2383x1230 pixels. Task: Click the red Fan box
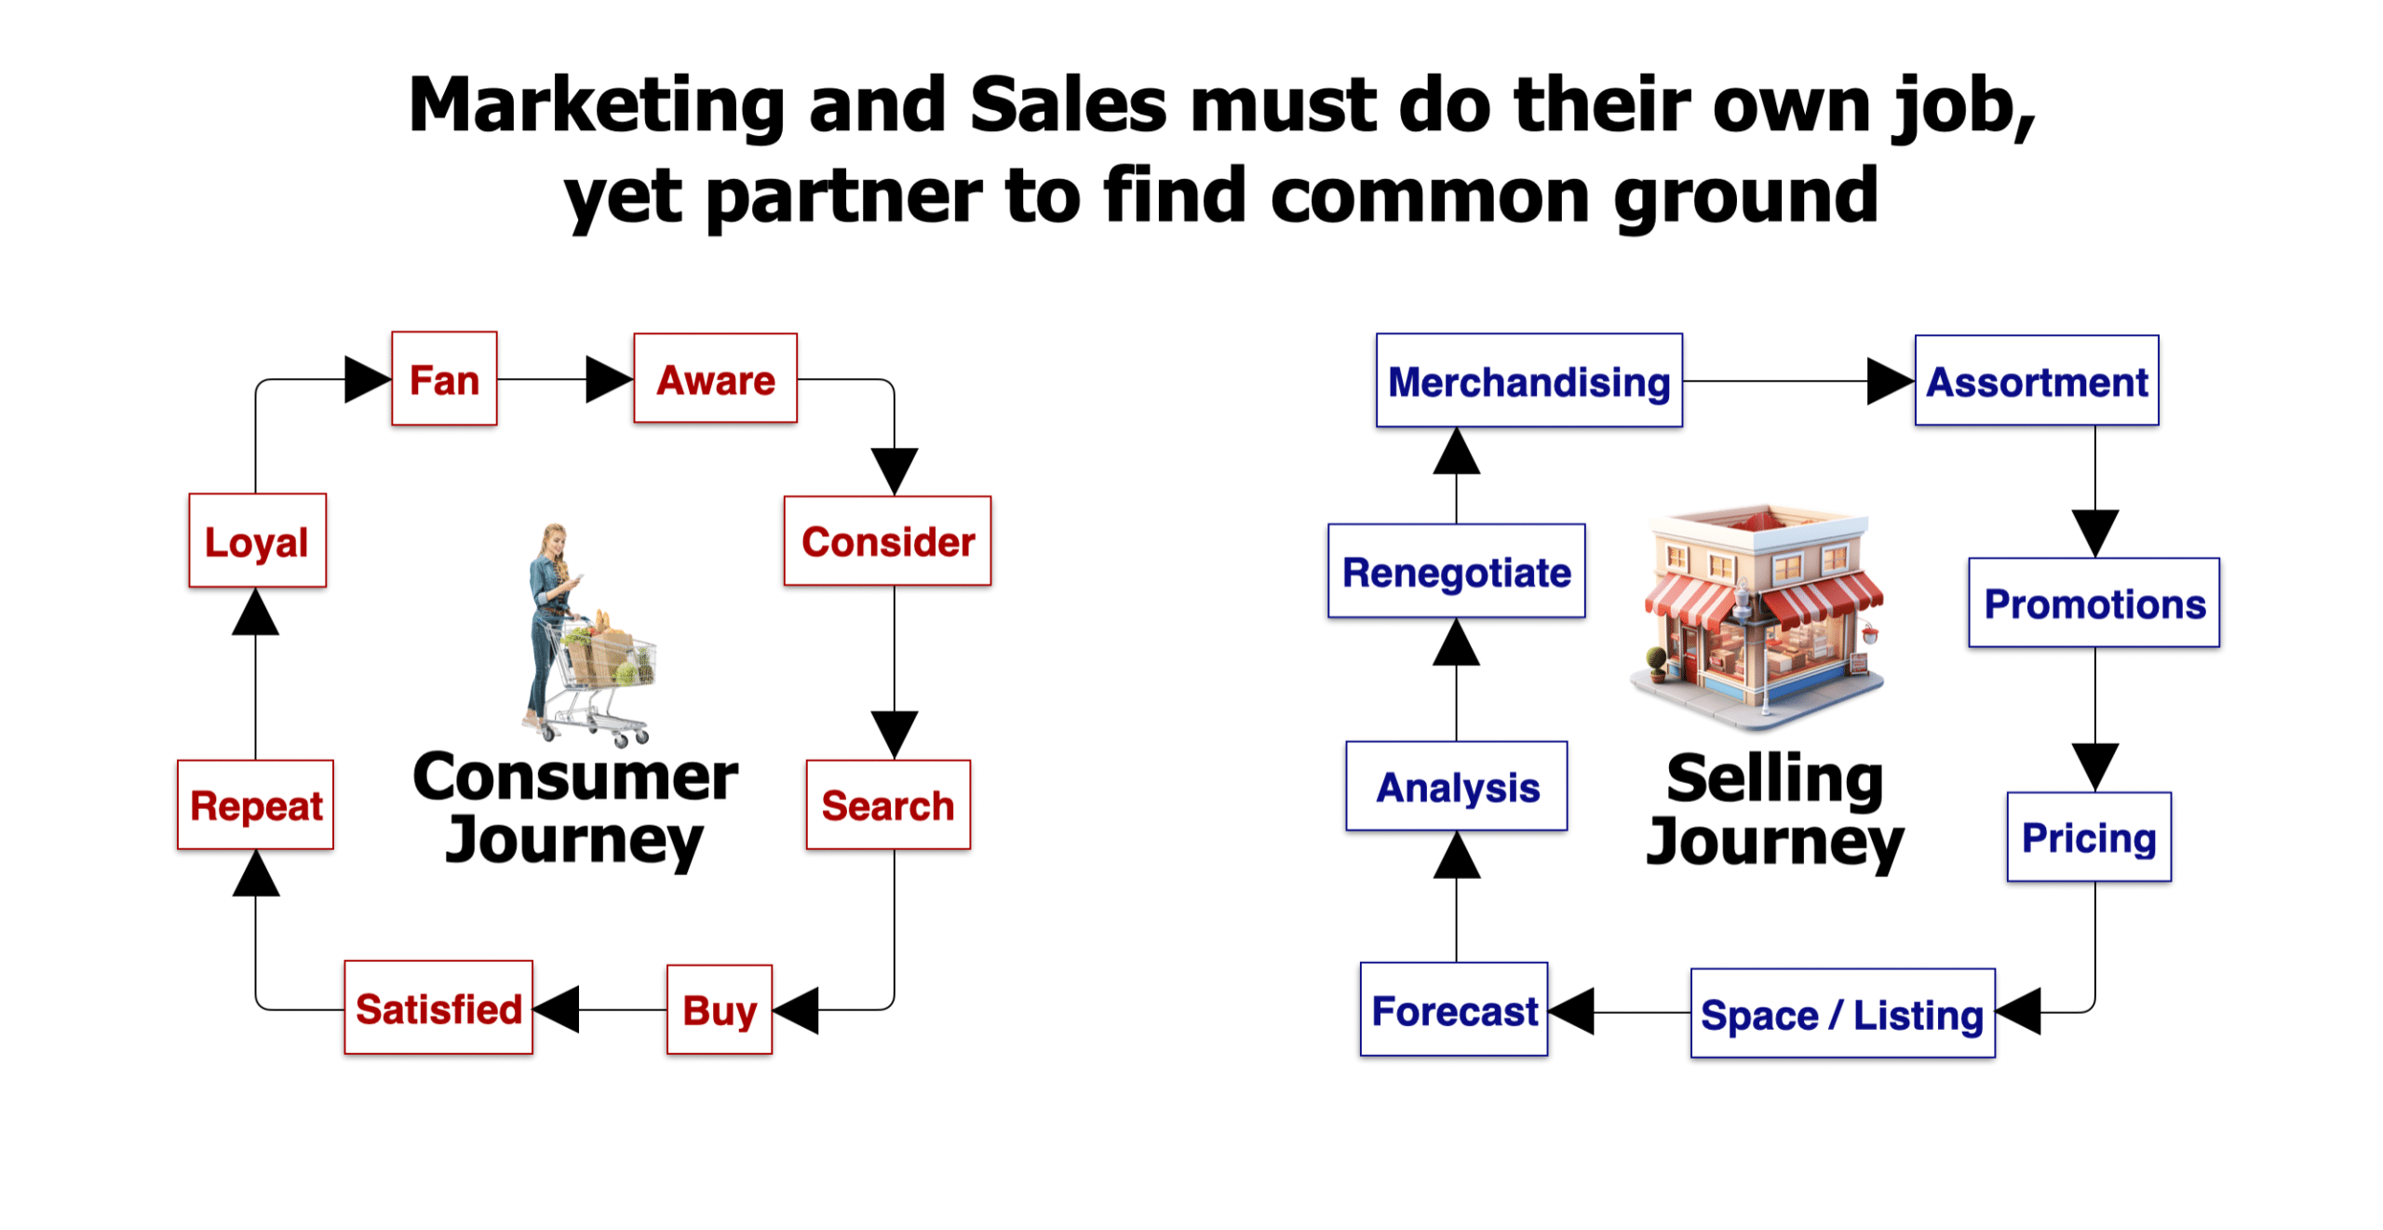444,378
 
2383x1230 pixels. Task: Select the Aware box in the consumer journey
715,378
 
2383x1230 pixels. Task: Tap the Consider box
887,540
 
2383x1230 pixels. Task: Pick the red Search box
888,804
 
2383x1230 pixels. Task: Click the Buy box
720,1009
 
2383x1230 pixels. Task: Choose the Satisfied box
438,1007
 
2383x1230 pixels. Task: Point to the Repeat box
255,804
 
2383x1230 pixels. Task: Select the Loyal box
257,540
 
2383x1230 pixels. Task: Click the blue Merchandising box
1528,380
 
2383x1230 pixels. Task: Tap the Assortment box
2036,380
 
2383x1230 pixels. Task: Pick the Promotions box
2094,602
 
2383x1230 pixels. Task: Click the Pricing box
2089,836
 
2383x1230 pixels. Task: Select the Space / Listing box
1842,1013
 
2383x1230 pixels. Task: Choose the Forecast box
1454,1008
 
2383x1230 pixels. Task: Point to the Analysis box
1456,785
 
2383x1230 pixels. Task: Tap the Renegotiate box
1456,570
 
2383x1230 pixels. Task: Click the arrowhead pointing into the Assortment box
1891,381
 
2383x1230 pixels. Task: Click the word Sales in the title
1068,104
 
